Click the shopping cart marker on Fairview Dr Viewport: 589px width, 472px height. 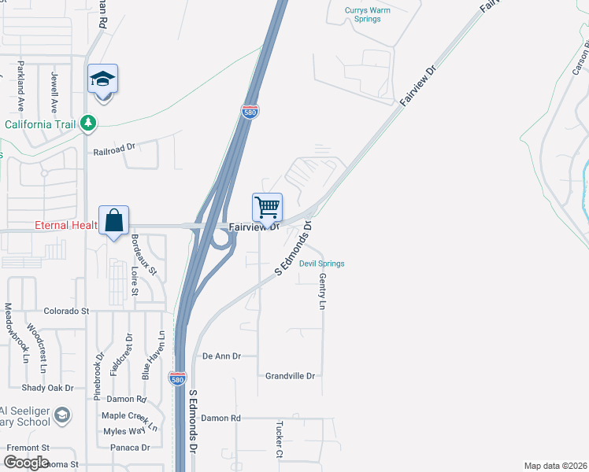(268, 208)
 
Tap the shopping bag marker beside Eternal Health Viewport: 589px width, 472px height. (114, 221)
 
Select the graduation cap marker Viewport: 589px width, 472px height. (102, 79)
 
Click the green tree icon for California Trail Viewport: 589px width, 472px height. (89, 123)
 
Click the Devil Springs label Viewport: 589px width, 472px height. (321, 264)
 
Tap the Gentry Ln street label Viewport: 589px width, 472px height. (322, 291)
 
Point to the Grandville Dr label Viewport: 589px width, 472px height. (290, 376)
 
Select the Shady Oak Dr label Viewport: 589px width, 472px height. (47, 388)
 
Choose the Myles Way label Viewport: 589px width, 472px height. (124, 431)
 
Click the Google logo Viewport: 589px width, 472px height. (26, 463)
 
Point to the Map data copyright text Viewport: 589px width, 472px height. (556, 466)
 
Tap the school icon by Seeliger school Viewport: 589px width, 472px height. (64, 414)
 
